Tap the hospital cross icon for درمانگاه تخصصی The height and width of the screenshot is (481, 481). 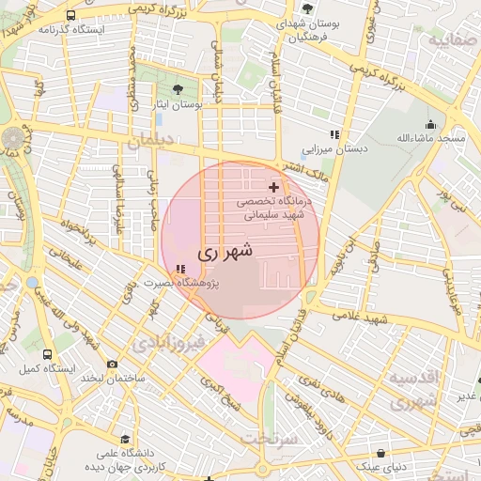pos(273,188)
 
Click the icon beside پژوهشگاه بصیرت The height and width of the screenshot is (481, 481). pos(180,271)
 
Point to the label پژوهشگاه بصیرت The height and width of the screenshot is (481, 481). pos(178,283)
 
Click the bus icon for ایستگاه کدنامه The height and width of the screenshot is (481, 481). pos(71,16)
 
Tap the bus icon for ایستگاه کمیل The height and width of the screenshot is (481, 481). pos(47,354)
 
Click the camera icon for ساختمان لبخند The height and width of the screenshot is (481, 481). pos(113,364)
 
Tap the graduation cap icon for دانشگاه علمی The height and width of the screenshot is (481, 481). pos(126,439)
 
